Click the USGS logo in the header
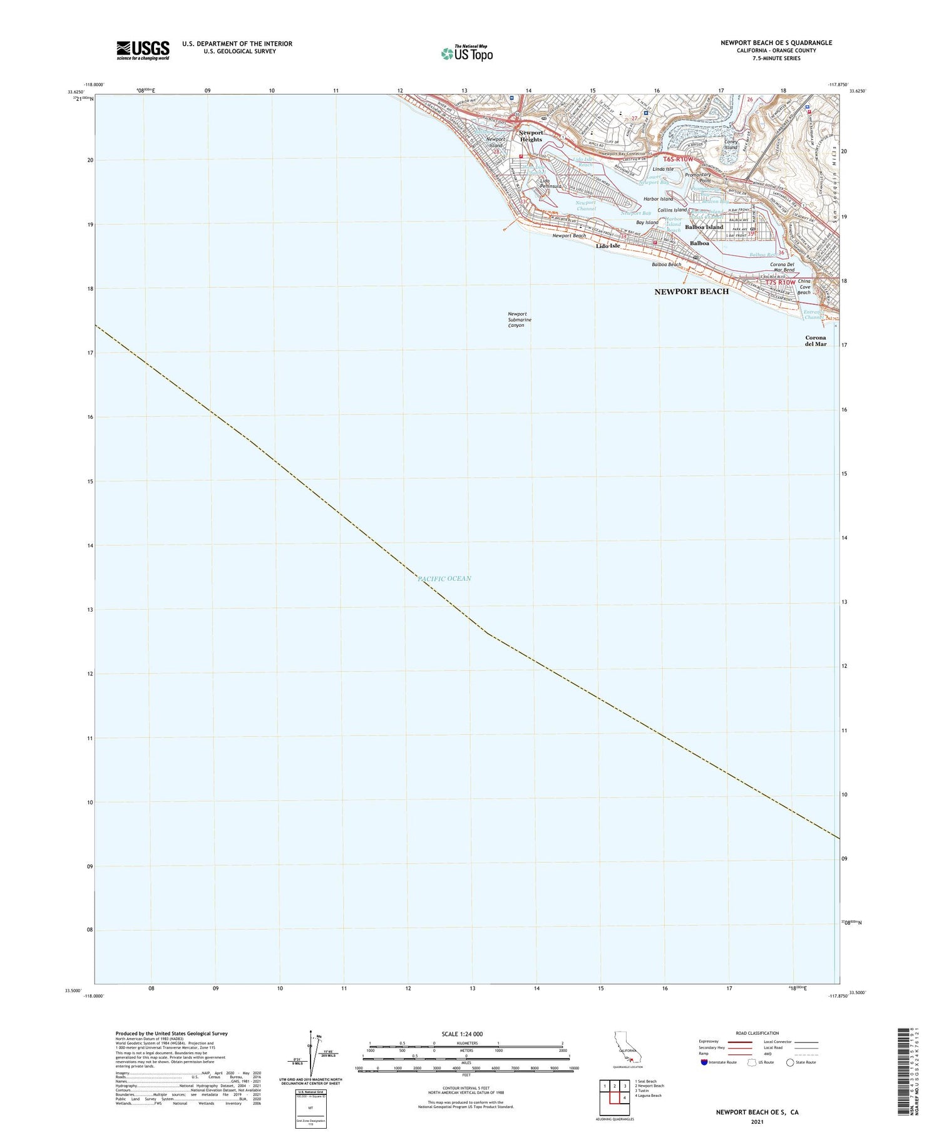click(x=143, y=50)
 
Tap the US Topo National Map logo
click(x=466, y=53)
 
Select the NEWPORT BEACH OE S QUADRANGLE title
click(x=776, y=43)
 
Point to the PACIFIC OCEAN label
click(x=444, y=578)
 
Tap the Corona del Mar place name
click(x=816, y=341)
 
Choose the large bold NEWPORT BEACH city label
click(x=691, y=292)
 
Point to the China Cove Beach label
click(x=804, y=287)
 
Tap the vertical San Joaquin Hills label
click(x=833, y=182)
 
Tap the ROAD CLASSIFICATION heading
click(x=757, y=1033)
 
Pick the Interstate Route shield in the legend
click(x=704, y=1062)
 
